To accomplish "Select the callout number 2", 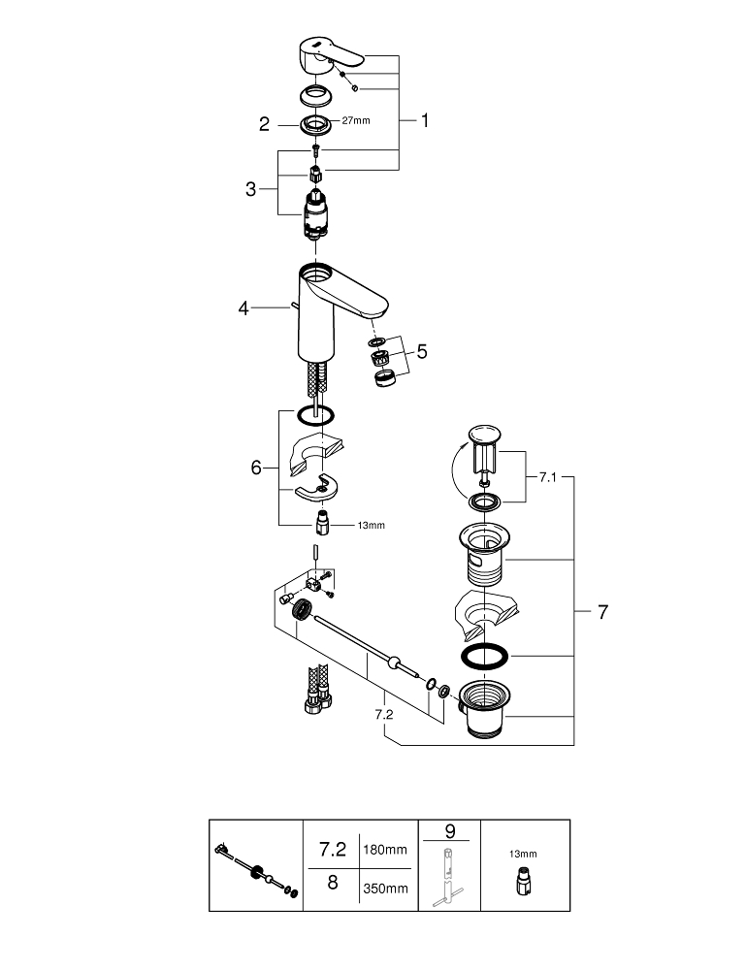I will click(264, 123).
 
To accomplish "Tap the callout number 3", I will click(251, 188).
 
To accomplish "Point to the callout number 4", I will click(243, 308).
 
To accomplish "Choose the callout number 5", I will click(421, 351).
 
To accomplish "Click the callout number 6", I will click(256, 468).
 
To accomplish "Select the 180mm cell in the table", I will click(385, 850).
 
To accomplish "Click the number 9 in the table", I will click(450, 831).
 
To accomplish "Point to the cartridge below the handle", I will click(315, 215).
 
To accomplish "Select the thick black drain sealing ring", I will click(482, 657).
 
